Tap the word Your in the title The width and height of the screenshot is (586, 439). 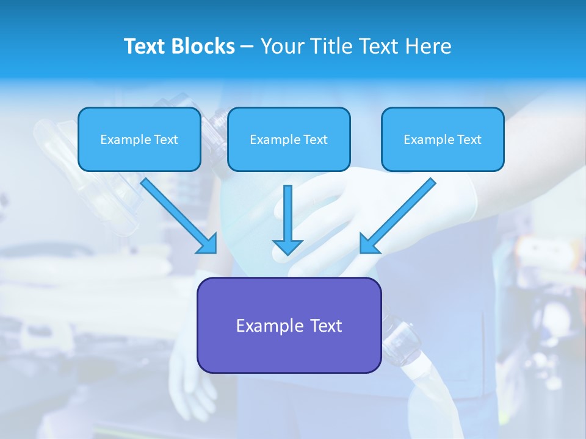[x=283, y=46]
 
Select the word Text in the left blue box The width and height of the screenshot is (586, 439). [x=166, y=140]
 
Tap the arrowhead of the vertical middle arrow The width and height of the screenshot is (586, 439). [x=288, y=246]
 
